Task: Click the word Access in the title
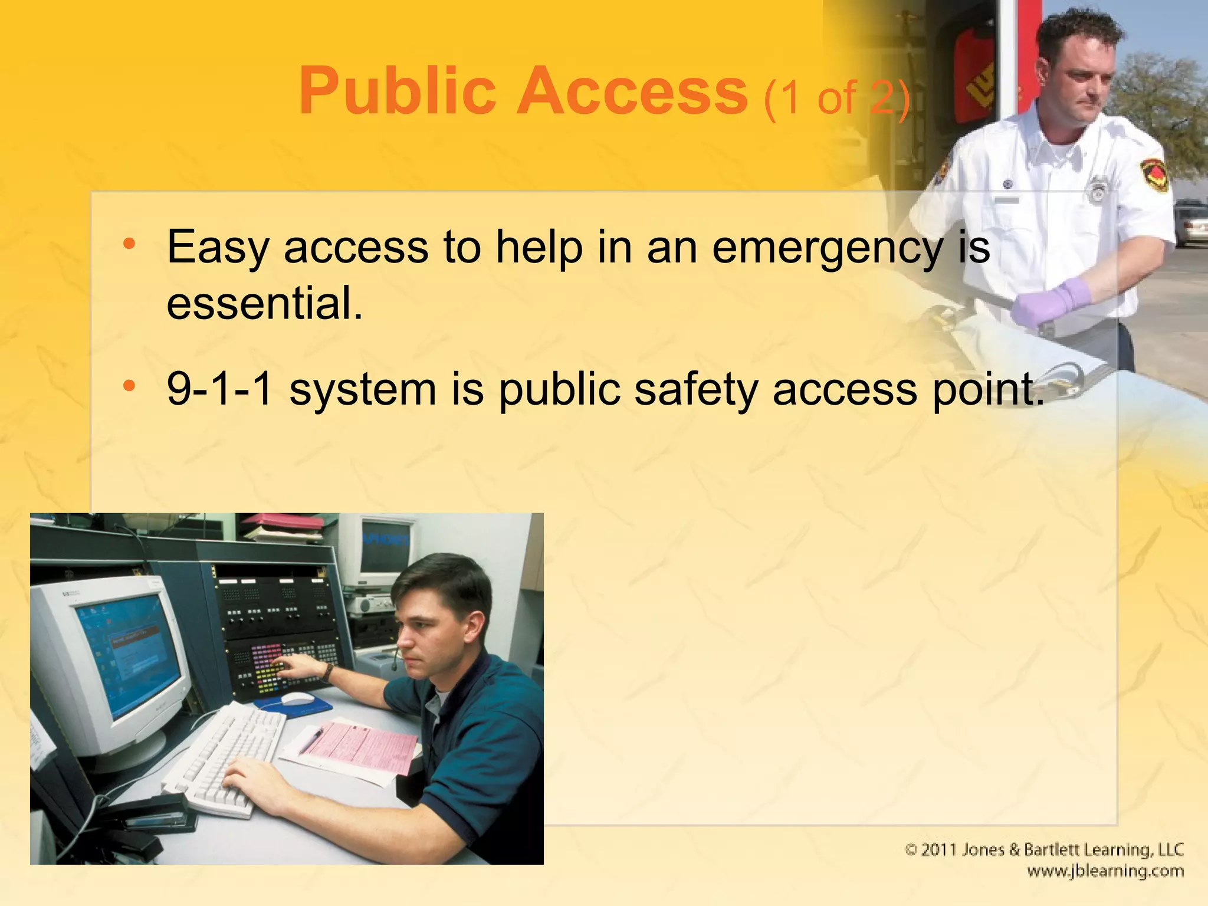click(632, 91)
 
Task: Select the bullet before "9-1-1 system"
click(129, 386)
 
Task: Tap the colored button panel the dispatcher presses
click(268, 669)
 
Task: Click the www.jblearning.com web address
click(1105, 871)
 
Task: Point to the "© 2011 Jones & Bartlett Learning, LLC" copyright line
click(1043, 849)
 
